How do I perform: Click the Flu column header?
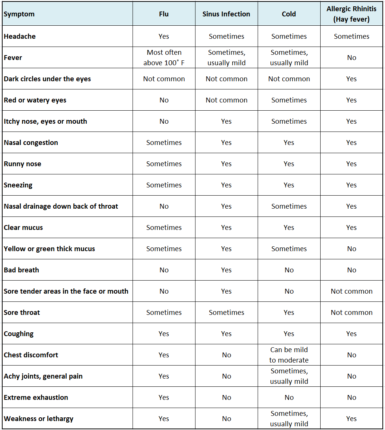pos(164,14)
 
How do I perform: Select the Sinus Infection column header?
pos(226,14)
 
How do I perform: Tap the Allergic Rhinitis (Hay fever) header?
pos(351,14)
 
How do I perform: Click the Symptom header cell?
pos(19,14)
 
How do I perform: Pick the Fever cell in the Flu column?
pos(164,58)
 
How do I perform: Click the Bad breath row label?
pos(22,270)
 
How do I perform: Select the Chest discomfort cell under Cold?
pos(289,355)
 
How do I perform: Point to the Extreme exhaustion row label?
pos(36,398)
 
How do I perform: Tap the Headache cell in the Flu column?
pos(164,37)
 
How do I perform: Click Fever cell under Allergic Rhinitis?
pos(351,58)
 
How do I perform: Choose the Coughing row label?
pos(19,334)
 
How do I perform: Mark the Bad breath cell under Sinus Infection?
pos(226,270)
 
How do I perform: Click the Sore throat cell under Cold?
pos(289,313)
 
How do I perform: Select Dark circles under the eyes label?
pos(47,79)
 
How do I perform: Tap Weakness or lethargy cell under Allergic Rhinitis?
pos(351,419)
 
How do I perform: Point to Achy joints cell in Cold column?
pos(289,376)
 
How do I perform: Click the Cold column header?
pos(289,14)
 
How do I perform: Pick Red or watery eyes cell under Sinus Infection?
pos(226,100)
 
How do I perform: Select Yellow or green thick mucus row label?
pos(50,249)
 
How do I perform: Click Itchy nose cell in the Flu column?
pos(164,121)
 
